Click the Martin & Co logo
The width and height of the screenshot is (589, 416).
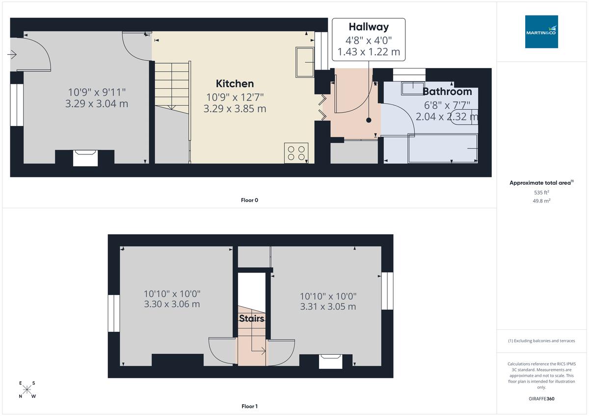click(541, 31)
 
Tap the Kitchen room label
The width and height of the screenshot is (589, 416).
click(235, 84)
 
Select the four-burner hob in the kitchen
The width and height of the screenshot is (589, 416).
click(296, 153)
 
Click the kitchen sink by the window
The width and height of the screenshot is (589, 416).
click(305, 62)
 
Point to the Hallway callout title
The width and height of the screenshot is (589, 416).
click(369, 27)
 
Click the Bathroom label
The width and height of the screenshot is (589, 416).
click(447, 92)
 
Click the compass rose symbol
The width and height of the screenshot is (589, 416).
click(27, 390)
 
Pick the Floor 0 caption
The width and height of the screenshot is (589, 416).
click(250, 200)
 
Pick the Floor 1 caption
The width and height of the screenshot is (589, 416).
click(250, 406)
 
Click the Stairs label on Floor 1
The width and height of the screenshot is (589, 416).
click(252, 319)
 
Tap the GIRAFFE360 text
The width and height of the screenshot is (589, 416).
click(542, 399)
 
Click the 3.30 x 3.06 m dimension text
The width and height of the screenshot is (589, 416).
click(172, 304)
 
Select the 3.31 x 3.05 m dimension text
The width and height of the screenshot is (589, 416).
click(328, 307)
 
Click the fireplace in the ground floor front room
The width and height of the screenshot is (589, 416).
click(85, 158)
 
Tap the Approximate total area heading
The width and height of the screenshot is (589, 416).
click(541, 183)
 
